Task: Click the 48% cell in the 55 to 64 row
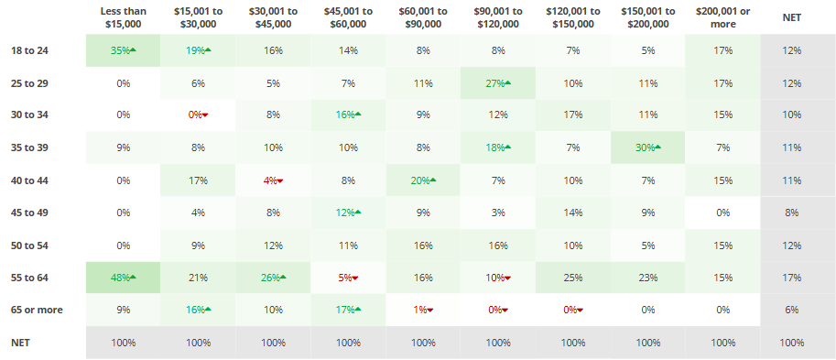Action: (123, 277)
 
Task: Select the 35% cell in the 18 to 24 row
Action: (123, 50)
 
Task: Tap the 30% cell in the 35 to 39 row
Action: (647, 147)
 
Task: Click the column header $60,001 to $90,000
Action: (423, 16)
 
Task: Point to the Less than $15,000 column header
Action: (123, 16)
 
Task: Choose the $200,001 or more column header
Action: (722, 16)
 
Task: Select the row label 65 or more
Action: (38, 310)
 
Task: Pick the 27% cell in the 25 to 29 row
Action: (497, 83)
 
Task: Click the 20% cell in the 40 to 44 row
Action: (423, 180)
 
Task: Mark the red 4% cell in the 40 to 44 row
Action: (273, 180)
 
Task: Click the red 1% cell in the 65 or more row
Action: (423, 310)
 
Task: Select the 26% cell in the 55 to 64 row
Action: (273, 277)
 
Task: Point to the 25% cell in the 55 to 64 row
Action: (572, 277)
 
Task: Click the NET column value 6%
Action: (793, 310)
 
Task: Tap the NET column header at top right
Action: (793, 16)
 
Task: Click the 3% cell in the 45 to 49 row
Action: (497, 213)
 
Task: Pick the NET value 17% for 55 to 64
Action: (793, 277)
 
